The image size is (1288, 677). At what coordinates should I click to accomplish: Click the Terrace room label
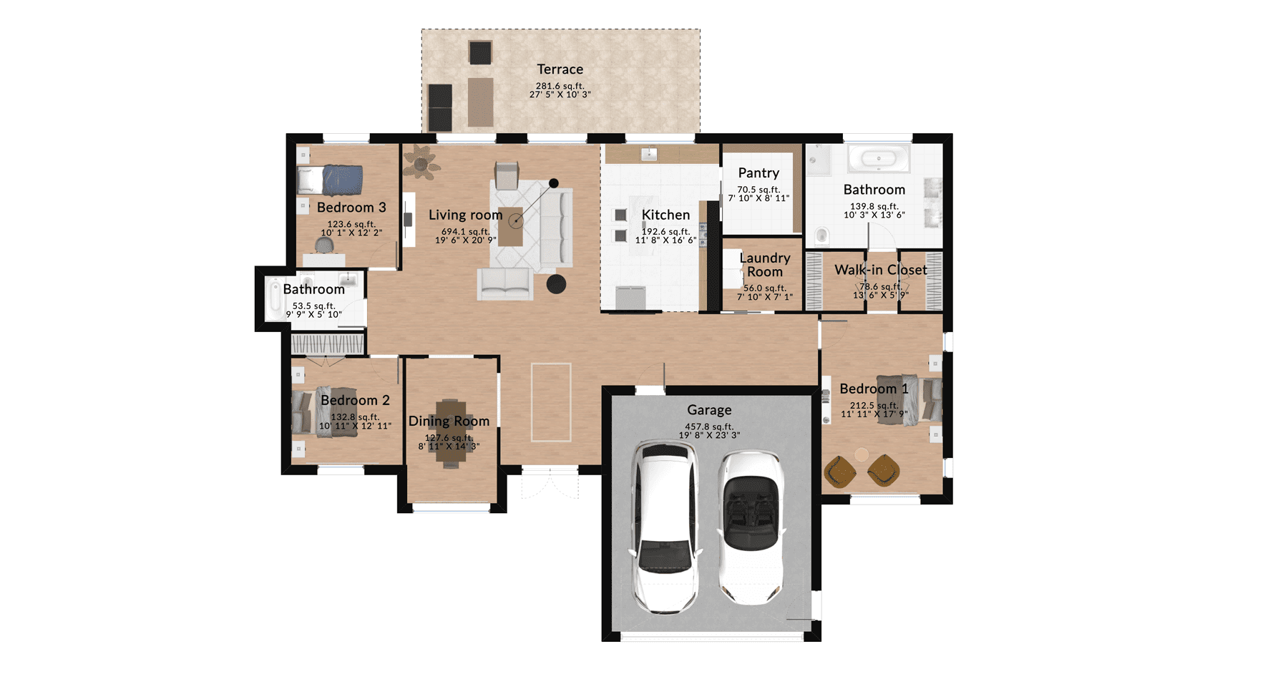click(x=560, y=69)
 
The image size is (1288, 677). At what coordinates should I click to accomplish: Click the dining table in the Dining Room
click(x=450, y=433)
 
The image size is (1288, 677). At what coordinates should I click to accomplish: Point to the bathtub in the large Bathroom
click(x=879, y=157)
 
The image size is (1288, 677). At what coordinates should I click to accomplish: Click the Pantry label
click(x=758, y=173)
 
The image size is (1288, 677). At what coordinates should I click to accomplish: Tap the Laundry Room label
click(x=765, y=265)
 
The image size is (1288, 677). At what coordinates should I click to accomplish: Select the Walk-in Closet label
click(x=881, y=270)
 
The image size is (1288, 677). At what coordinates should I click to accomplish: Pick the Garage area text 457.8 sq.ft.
click(x=709, y=427)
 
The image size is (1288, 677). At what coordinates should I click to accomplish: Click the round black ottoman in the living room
click(x=557, y=284)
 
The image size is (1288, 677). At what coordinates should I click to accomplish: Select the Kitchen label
click(x=666, y=215)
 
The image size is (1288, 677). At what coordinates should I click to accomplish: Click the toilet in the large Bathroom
click(x=822, y=235)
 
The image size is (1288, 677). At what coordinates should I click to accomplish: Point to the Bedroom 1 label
click(x=874, y=389)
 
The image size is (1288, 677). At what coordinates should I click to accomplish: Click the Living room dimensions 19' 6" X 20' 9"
click(x=466, y=240)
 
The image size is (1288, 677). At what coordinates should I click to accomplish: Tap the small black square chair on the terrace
click(x=480, y=52)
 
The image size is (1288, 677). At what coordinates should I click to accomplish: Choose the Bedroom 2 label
click(x=355, y=400)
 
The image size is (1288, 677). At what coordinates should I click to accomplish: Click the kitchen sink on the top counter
click(x=649, y=155)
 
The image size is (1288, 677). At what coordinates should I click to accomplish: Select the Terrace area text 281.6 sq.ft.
click(x=560, y=86)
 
